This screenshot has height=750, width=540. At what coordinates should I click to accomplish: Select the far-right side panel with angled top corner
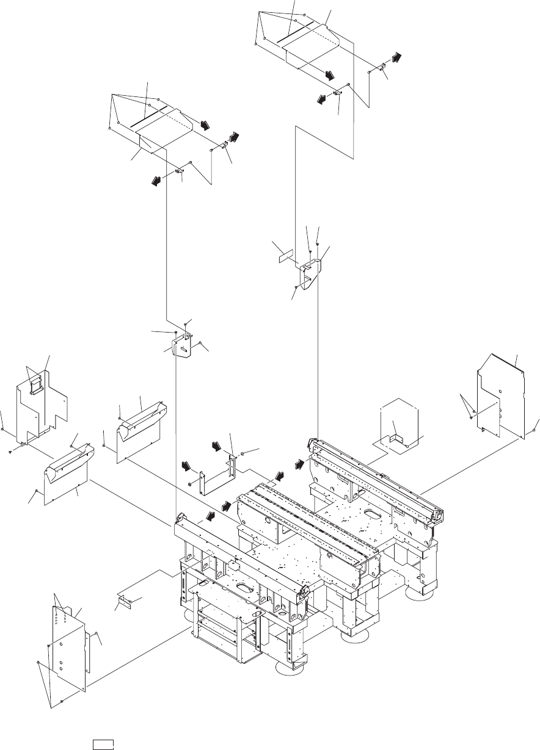click(x=501, y=397)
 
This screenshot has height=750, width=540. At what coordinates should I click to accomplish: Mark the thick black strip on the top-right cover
click(x=295, y=33)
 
